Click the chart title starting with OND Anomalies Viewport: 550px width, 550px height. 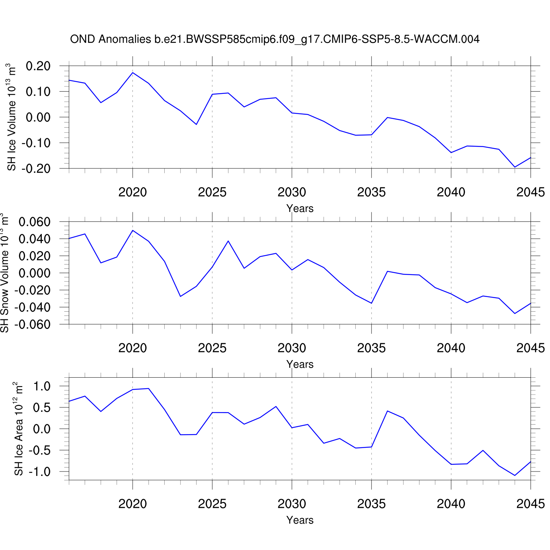click(275, 39)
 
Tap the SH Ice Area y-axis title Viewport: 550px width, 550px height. click(18, 429)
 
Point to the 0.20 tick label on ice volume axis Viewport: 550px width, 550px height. click(38, 66)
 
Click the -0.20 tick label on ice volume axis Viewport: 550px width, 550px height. click(36, 169)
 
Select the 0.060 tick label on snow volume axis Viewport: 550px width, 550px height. click(34, 222)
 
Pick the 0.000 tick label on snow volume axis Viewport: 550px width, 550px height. click(34, 273)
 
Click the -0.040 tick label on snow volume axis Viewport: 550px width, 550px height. click(32, 307)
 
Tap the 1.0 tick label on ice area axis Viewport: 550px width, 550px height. click(41, 386)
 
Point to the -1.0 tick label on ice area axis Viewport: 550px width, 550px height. click(39, 472)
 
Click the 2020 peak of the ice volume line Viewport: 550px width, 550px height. click(133, 73)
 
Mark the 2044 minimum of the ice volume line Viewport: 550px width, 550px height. click(515, 167)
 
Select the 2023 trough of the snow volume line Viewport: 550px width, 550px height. click(180, 296)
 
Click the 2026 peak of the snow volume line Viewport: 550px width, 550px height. click(228, 241)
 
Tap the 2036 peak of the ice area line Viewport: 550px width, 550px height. click(388, 411)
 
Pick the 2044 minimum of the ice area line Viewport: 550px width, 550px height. click(515, 476)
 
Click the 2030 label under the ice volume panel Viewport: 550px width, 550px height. click(292, 192)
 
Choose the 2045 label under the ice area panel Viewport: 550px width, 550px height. click(530, 504)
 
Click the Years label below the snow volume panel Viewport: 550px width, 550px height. click(300, 364)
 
